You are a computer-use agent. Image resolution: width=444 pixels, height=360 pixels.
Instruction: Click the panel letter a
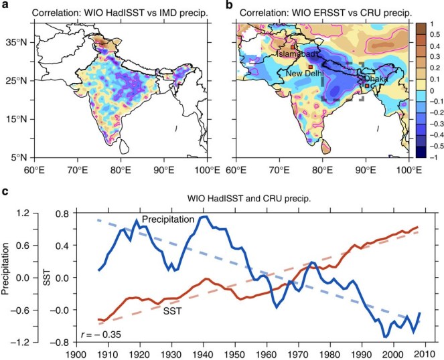pos(5,5)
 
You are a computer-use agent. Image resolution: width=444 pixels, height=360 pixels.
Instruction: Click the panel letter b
pos(228,5)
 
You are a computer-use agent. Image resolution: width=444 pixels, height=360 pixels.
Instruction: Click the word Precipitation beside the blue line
pos(165,219)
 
